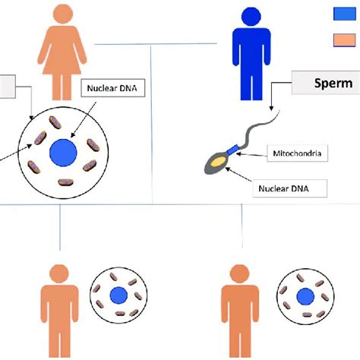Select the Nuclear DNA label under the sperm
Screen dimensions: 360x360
tap(297, 185)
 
